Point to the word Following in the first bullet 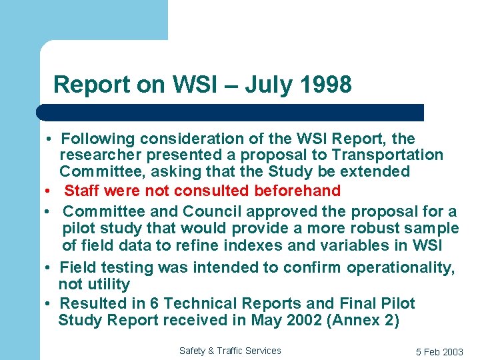97,139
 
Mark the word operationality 400,268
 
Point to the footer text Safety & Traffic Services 230,351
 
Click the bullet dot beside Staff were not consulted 49,191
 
